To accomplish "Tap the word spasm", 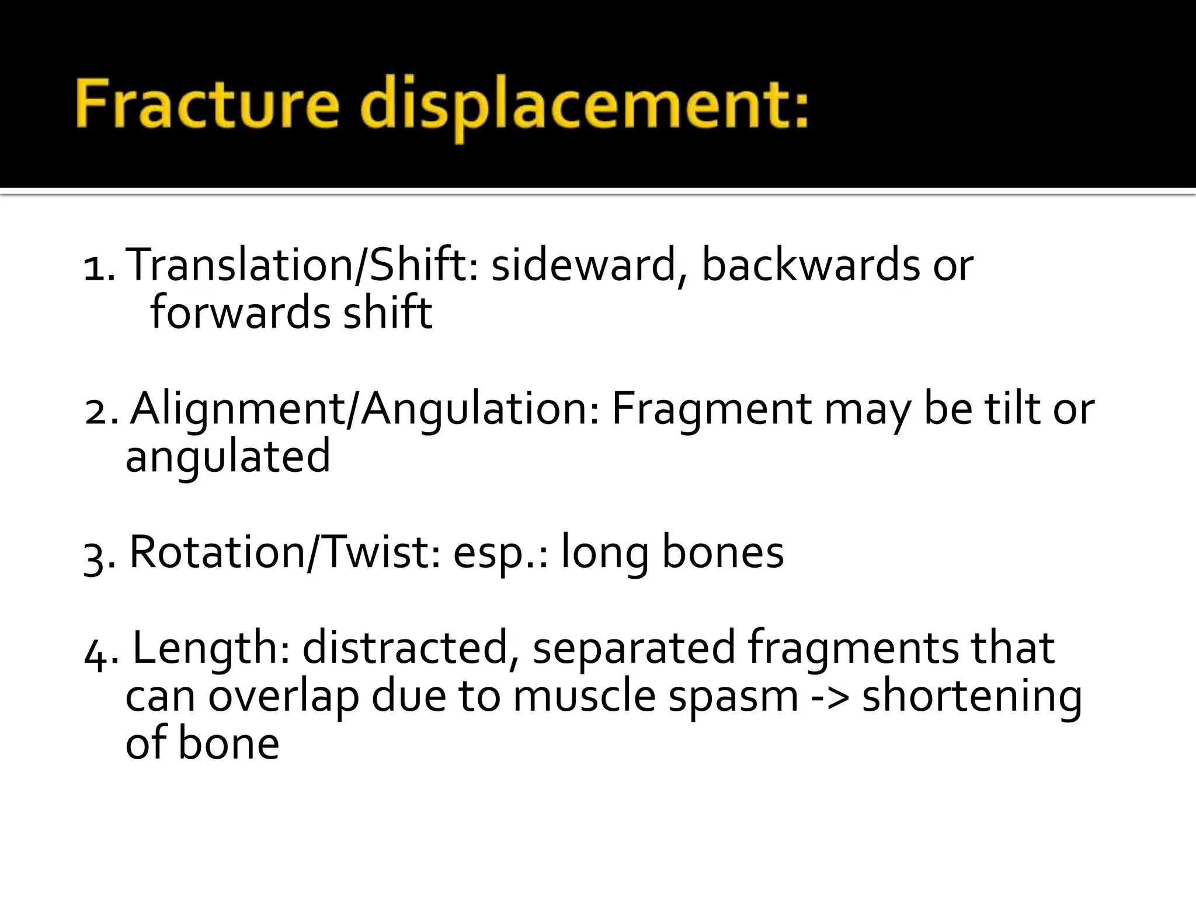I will [733, 697].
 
